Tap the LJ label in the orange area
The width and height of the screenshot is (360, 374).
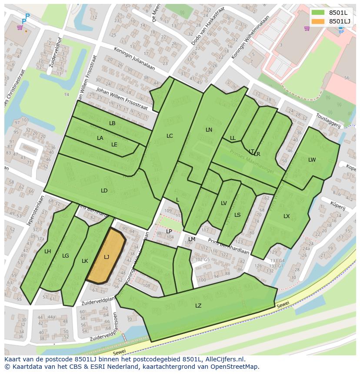pos(107,257)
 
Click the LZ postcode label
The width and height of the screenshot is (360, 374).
pos(198,305)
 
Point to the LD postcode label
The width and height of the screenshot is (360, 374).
pos(104,190)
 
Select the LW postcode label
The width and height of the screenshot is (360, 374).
pos(312,159)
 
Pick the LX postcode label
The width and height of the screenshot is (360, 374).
pos(287,216)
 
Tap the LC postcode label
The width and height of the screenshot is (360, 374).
pos(170,136)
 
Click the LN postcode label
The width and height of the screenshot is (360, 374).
pos(209,129)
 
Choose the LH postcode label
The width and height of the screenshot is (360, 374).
pos(48,251)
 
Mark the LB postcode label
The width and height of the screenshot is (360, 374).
pos(112,123)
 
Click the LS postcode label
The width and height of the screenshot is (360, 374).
pos(237,215)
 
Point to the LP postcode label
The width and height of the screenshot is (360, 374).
pos(169,231)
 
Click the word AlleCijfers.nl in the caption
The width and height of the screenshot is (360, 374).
pos(223,359)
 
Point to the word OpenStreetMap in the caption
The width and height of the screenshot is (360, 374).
pos(235,367)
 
